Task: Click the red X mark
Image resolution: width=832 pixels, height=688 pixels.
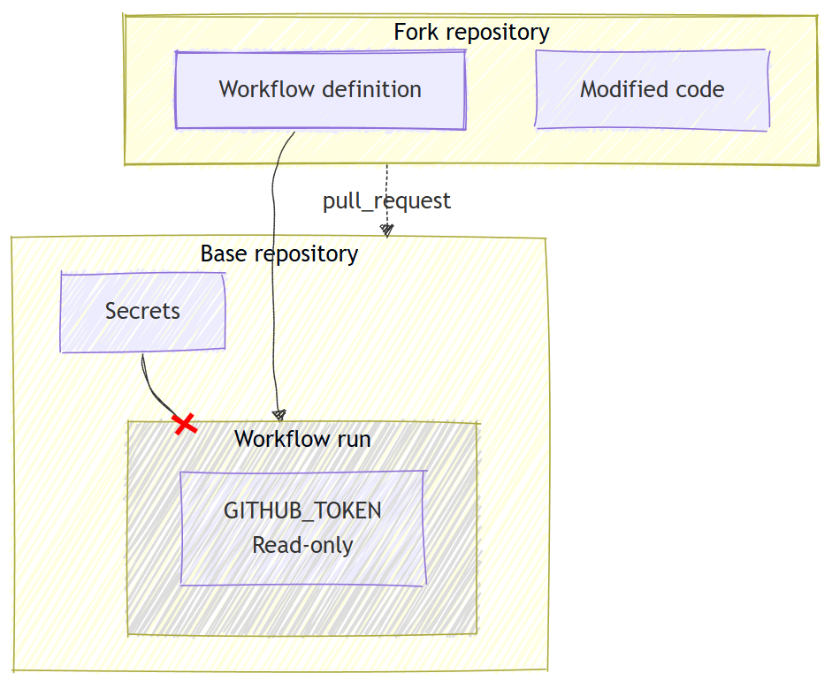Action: [x=184, y=424]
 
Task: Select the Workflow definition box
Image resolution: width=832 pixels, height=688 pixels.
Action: [x=320, y=89]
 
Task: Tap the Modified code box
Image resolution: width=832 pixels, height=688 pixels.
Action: [x=652, y=89]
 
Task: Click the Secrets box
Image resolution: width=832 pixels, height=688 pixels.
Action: [x=142, y=312]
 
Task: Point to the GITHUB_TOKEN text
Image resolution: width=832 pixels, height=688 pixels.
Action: [x=302, y=511]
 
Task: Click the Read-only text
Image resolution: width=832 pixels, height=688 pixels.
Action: [x=302, y=546]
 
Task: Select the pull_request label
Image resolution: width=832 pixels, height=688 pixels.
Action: [x=386, y=201]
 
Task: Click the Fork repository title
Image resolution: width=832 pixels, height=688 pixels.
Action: [x=471, y=33]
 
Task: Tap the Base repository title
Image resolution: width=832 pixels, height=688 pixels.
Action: [x=279, y=254]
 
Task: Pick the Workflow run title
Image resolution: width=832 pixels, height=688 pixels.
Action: [x=302, y=439]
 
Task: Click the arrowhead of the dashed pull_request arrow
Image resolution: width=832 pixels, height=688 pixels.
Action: [x=386, y=230]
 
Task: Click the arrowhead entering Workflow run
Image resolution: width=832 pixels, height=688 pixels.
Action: [x=279, y=414]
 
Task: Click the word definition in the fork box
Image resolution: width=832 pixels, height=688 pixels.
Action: [x=371, y=89]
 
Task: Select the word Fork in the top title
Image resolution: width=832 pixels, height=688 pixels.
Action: [x=412, y=33]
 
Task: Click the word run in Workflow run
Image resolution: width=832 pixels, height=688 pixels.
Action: [x=353, y=439]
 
